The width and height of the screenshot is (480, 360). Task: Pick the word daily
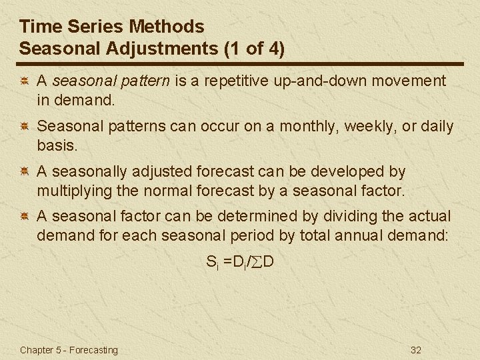[436, 126]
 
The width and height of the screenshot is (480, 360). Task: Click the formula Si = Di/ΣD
[240, 262]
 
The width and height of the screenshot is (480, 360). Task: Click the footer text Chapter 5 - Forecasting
[69, 350]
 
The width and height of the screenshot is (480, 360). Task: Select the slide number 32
[417, 350]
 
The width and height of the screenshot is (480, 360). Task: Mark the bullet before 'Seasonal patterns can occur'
[23, 127]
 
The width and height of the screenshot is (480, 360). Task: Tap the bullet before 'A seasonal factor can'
[23, 217]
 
